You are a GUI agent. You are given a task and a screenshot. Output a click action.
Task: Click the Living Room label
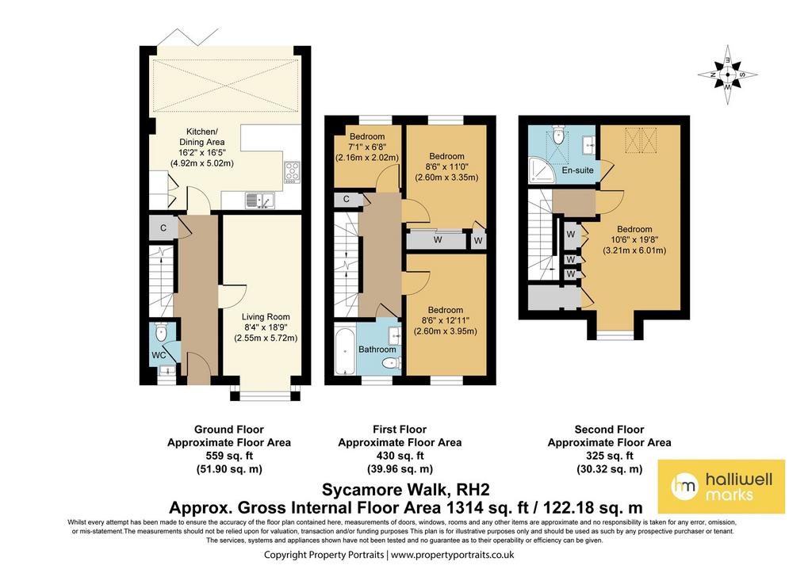pos(266,317)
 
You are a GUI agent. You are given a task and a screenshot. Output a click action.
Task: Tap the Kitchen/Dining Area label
pos(202,136)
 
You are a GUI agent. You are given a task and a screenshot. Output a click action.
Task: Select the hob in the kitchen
pos(292,172)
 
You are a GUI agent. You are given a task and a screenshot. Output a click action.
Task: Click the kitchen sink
pos(260,200)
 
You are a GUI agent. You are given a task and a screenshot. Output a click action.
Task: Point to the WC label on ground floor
pos(159,356)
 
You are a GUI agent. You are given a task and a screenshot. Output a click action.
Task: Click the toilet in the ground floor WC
pos(161,332)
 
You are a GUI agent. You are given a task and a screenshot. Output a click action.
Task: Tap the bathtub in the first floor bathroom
pos(344,351)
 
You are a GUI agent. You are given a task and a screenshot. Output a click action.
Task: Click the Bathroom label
pos(377,350)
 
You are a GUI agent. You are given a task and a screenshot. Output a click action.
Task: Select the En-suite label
pos(577,170)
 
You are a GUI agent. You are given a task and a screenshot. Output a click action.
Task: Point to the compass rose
pos(727,74)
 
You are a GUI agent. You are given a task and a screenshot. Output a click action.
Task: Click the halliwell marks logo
pos(722,487)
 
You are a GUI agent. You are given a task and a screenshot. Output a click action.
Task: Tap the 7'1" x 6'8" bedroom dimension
pos(366,147)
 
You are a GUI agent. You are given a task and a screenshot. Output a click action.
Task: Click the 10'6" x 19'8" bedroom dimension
pos(634,239)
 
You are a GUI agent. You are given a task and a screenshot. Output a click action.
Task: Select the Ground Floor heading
pos(229,430)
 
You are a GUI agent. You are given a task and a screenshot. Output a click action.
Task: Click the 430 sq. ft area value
pos(400,456)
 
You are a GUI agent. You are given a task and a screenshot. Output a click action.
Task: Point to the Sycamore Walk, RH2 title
pos(405,489)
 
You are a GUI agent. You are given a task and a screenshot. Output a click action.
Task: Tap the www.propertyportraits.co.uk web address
pos(453,555)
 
